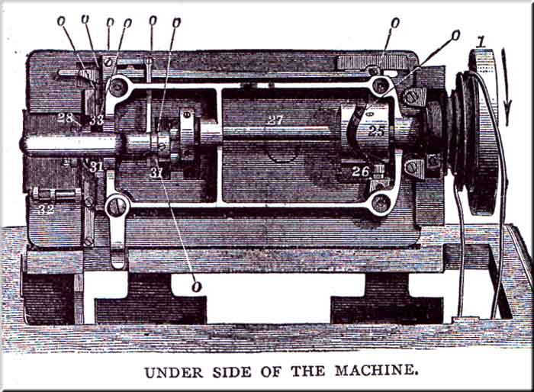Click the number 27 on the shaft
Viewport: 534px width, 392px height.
tap(275, 120)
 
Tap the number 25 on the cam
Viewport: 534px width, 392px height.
tap(376, 131)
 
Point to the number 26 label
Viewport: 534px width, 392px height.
tap(361, 172)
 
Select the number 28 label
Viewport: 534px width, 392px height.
tap(65, 118)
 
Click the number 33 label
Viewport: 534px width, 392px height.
tap(96, 120)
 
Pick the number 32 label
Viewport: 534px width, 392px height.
tap(47, 208)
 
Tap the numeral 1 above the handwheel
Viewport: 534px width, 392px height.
tap(480, 40)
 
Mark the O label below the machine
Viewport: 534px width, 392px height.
tap(197, 286)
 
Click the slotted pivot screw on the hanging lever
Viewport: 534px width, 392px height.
tap(117, 205)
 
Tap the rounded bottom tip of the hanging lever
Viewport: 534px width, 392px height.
tap(117, 262)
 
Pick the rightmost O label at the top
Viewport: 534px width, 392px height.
tap(455, 34)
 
